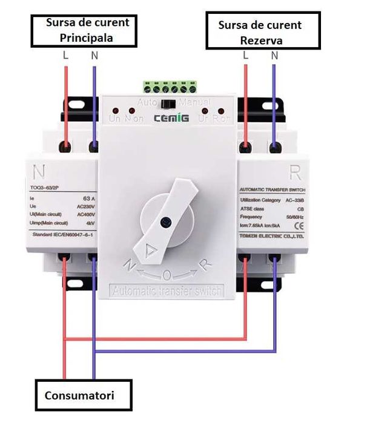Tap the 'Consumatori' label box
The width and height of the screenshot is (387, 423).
[x=82, y=396]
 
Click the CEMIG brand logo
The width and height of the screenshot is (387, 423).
[x=171, y=117]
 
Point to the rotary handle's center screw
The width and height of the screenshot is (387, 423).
[x=164, y=223]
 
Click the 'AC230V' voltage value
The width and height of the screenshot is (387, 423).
[x=85, y=206]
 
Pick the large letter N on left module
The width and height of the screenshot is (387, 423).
[x=41, y=172]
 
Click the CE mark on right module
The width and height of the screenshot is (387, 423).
[x=297, y=226]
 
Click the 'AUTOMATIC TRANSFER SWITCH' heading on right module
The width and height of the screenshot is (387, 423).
[x=271, y=189]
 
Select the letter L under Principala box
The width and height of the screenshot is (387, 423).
[x=65, y=56]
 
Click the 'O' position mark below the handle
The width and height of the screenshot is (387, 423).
[x=167, y=275]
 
